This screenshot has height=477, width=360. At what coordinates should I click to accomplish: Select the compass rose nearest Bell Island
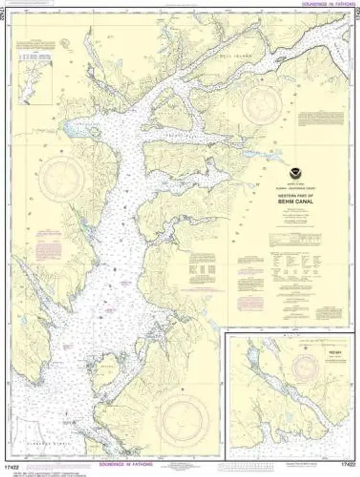click(x=262, y=105)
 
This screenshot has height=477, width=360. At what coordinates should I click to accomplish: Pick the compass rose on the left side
click(x=61, y=178)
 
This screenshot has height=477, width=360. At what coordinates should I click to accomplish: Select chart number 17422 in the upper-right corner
click(x=355, y=18)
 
